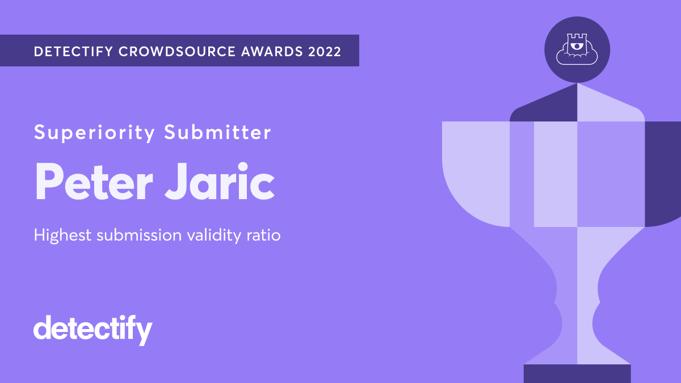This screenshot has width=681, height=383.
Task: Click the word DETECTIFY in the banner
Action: pyautogui.click(x=73, y=52)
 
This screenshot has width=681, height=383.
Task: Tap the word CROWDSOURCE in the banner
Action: pyautogui.click(x=177, y=52)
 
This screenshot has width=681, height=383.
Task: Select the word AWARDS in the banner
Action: pyautogui.click(x=272, y=52)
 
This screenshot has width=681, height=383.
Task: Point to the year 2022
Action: pyautogui.click(x=325, y=52)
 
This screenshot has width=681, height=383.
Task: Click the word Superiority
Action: pyautogui.click(x=94, y=133)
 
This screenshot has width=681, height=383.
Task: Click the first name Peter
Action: pyautogui.click(x=94, y=182)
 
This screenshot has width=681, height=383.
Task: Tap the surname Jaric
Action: pyautogui.click(x=220, y=182)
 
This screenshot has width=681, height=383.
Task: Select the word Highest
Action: pyautogui.click(x=62, y=235)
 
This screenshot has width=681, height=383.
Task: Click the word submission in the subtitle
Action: pyautogui.click(x=139, y=235)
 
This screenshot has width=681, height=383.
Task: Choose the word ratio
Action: pyautogui.click(x=263, y=235)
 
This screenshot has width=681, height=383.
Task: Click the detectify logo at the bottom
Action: pyautogui.click(x=93, y=330)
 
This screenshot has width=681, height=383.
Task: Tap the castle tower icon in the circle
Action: pyautogui.click(x=577, y=49)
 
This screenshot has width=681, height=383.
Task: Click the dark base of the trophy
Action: pyautogui.click(x=577, y=373)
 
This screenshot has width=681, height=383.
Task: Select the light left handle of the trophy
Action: pyautogui.click(x=476, y=174)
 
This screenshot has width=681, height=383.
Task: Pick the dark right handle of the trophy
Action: pyautogui.click(x=663, y=174)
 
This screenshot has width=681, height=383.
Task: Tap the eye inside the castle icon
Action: pyautogui.click(x=575, y=46)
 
